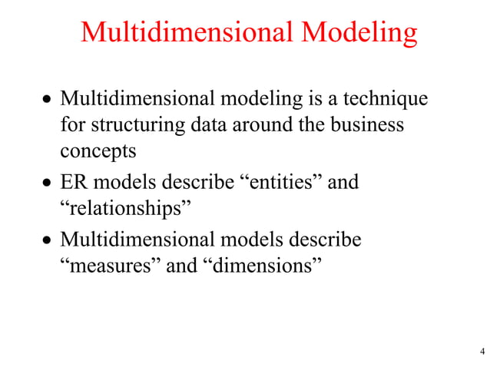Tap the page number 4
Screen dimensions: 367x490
click(482, 352)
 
